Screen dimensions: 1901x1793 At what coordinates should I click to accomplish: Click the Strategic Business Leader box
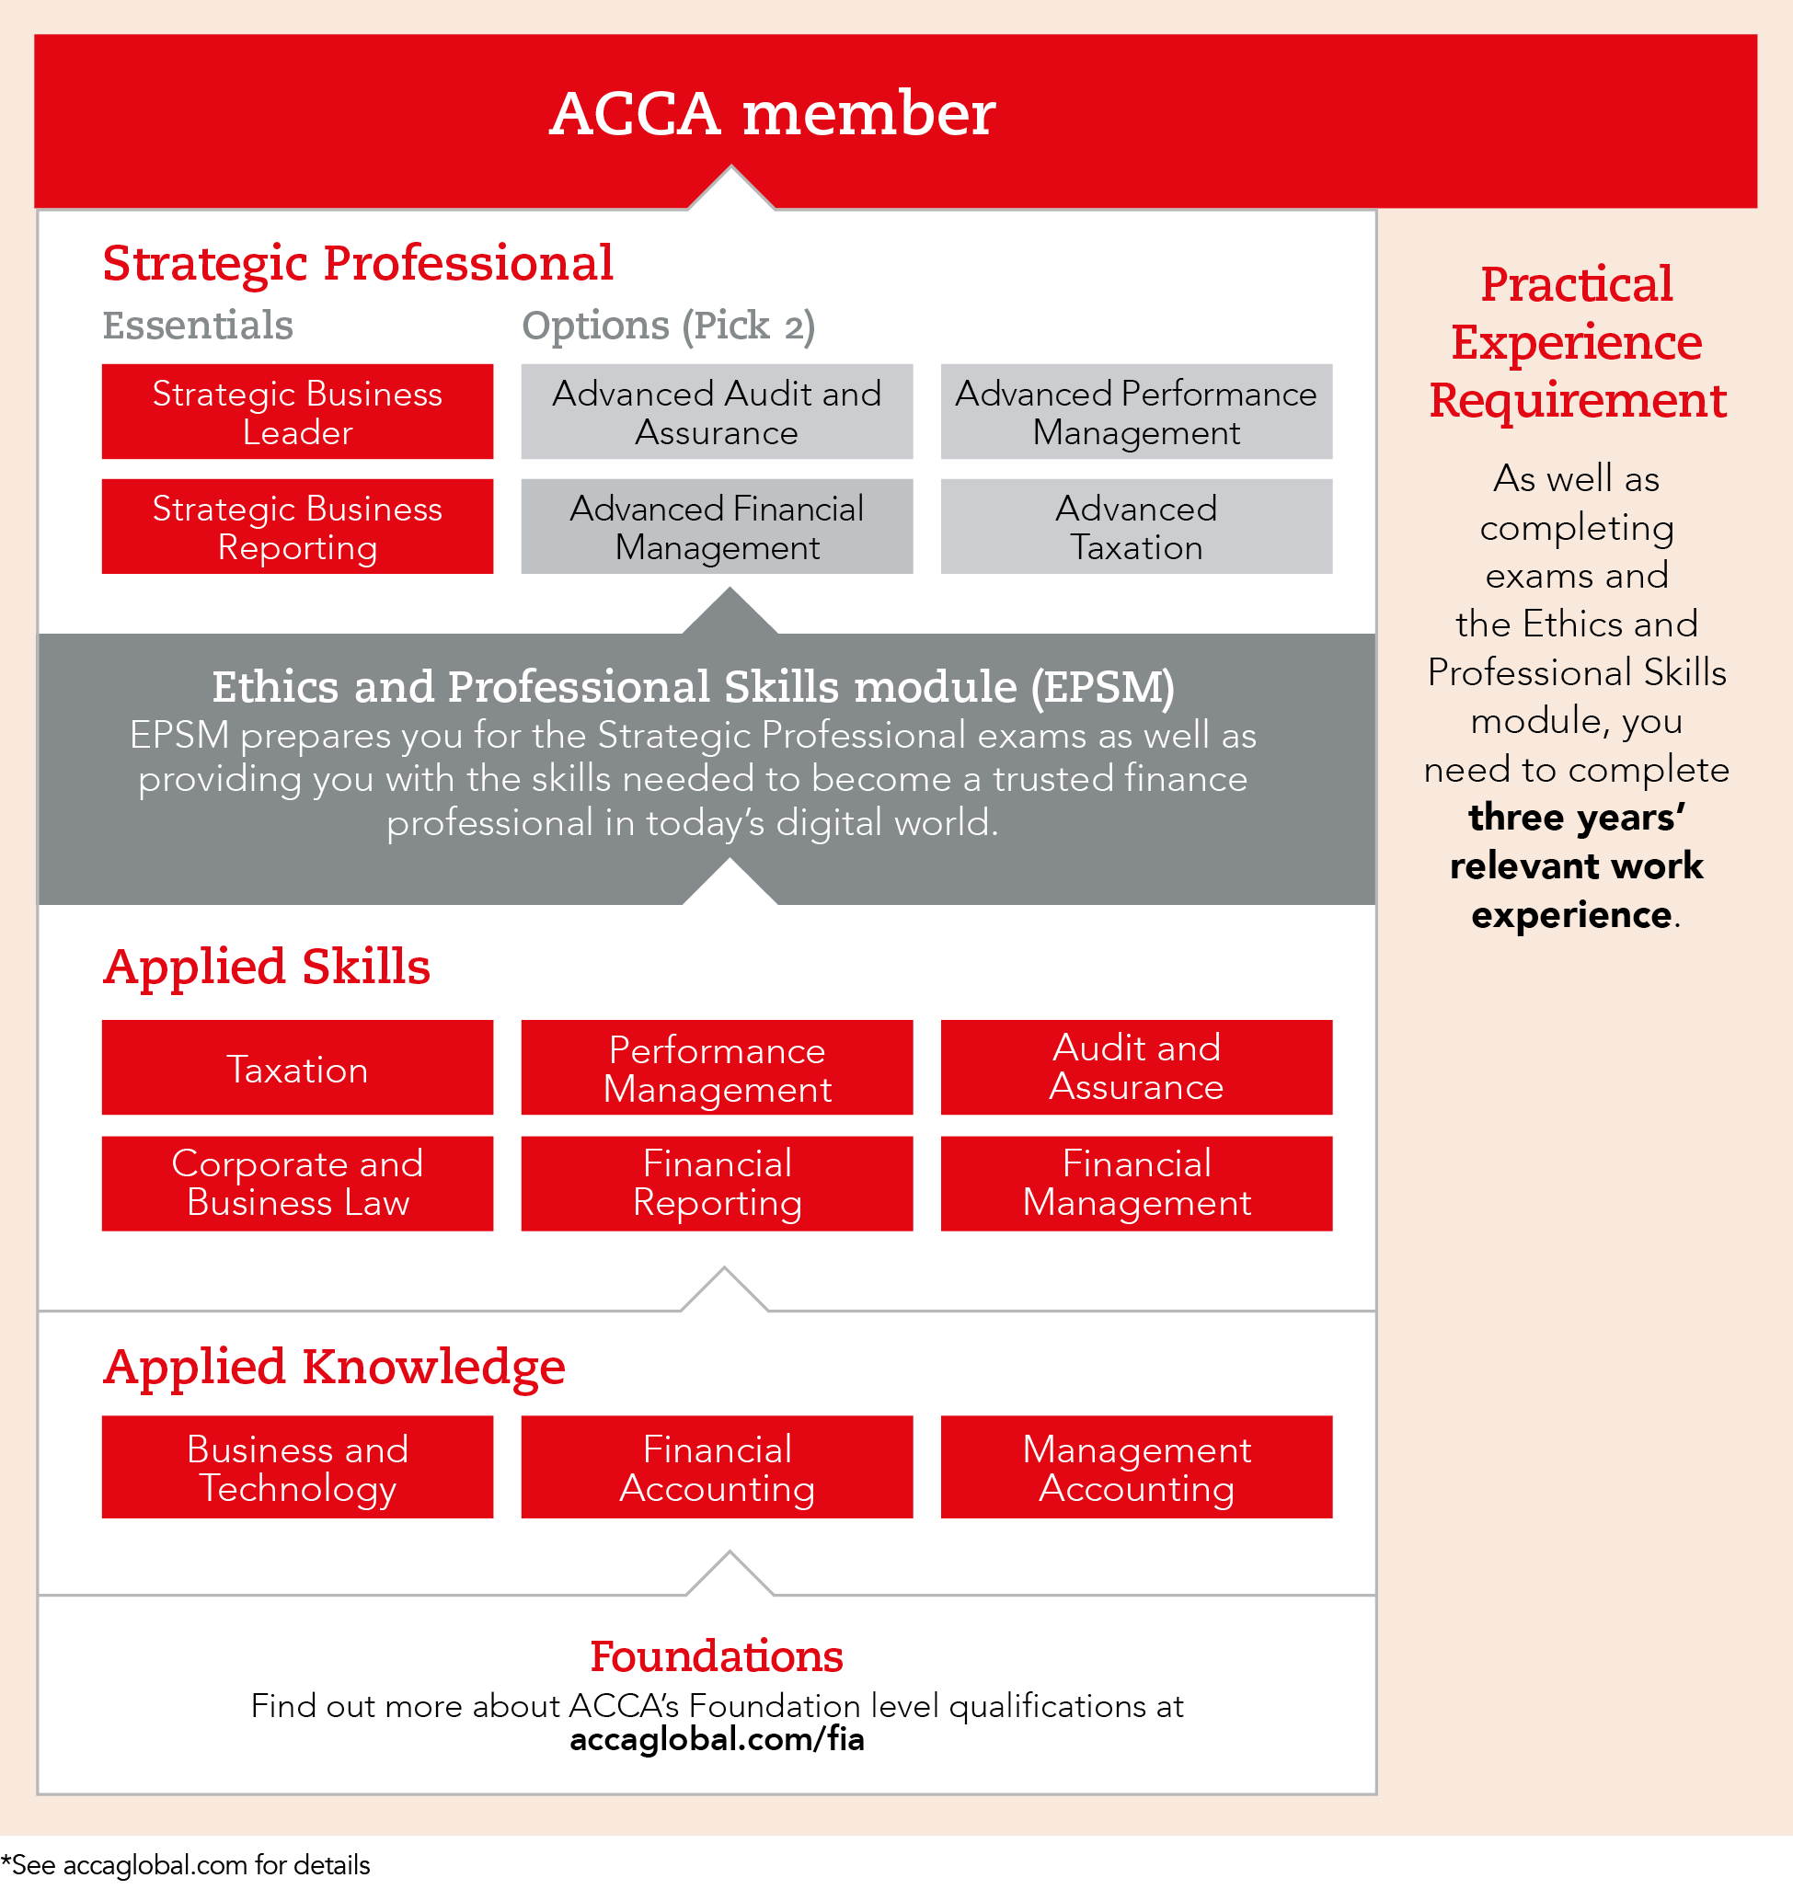pyautogui.click(x=297, y=411)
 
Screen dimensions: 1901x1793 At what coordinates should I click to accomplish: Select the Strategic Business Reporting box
pyautogui.click(x=297, y=527)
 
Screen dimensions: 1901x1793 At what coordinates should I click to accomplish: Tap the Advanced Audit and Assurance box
pyautogui.click(x=717, y=411)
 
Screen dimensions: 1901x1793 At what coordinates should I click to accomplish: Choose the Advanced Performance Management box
pyautogui.click(x=1136, y=411)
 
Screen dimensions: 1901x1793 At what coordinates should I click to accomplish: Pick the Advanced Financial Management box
pyautogui.click(x=717, y=527)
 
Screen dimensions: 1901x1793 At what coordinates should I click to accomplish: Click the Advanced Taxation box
pyautogui.click(x=1136, y=527)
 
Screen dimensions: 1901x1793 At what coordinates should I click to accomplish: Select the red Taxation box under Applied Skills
pyautogui.click(x=297, y=1068)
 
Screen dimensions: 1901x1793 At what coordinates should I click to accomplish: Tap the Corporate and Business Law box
pyautogui.click(x=297, y=1183)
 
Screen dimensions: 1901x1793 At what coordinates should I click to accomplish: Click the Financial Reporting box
pyautogui.click(x=717, y=1183)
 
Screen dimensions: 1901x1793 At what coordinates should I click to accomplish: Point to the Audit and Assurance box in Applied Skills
pyautogui.click(x=1136, y=1067)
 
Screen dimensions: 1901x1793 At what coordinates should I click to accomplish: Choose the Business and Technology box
pyautogui.click(x=297, y=1468)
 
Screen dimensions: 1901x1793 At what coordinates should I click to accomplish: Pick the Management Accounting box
pyautogui.click(x=1136, y=1468)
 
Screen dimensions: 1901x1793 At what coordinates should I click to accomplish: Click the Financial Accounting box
pyautogui.click(x=717, y=1468)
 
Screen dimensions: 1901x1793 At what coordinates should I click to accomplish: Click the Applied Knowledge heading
pyautogui.click(x=335, y=1367)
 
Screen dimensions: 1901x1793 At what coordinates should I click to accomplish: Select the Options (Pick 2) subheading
pyautogui.click(x=669, y=326)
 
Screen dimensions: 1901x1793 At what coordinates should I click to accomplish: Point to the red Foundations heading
pyautogui.click(x=717, y=1657)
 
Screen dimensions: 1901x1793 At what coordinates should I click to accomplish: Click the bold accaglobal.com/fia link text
pyautogui.click(x=717, y=1739)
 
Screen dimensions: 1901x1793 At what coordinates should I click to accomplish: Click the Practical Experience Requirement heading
pyautogui.click(x=1577, y=342)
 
